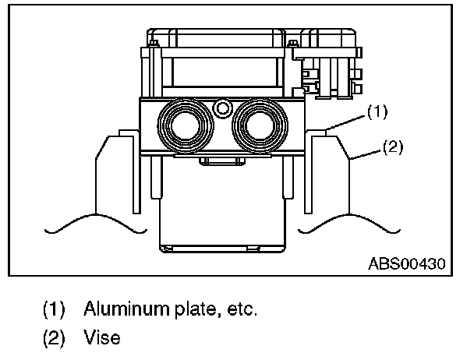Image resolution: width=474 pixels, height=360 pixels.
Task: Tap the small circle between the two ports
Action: pyautogui.click(x=225, y=108)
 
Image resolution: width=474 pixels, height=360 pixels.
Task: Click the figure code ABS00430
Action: pyautogui.click(x=406, y=264)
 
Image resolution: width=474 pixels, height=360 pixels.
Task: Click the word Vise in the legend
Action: pyautogui.click(x=101, y=340)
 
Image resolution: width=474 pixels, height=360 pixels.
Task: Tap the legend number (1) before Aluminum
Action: pyautogui.click(x=54, y=309)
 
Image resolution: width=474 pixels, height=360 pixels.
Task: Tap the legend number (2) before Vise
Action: pyautogui.click(x=54, y=340)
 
